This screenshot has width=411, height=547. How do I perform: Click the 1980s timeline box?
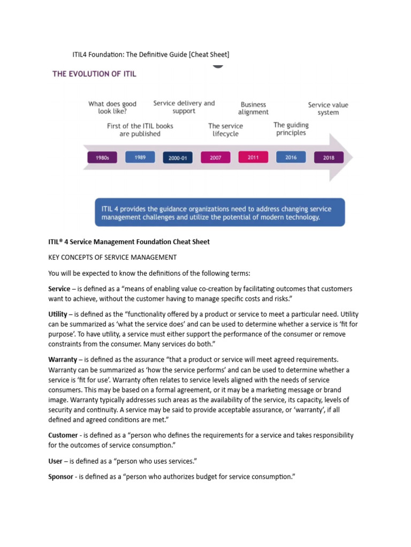pyautogui.click(x=102, y=158)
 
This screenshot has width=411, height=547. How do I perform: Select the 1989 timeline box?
pyautogui.click(x=140, y=157)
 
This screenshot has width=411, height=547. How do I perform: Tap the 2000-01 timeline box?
pyautogui.click(x=178, y=158)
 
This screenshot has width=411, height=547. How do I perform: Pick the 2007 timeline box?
pyautogui.click(x=215, y=158)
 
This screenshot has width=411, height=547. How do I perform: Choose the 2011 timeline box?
pyautogui.click(x=253, y=157)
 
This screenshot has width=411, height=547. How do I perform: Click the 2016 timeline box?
pyautogui.click(x=291, y=157)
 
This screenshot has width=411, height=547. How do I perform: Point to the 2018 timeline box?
pyautogui.click(x=329, y=158)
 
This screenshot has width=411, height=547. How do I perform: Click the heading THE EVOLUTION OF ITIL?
pyautogui.click(x=94, y=74)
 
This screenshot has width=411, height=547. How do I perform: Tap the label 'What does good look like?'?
pyautogui.click(x=112, y=108)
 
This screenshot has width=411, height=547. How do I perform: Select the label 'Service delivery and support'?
pyautogui.click(x=184, y=107)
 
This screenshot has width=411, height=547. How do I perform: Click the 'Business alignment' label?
pyautogui.click(x=253, y=108)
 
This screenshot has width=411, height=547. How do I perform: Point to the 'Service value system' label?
pyautogui.click(x=328, y=109)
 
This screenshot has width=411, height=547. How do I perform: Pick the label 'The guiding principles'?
pyautogui.click(x=291, y=129)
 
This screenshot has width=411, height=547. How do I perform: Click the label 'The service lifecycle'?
pyautogui.click(x=225, y=130)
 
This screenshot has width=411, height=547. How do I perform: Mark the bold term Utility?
pyautogui.click(x=58, y=314)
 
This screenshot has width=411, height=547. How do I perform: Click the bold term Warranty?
pyautogui.click(x=63, y=360)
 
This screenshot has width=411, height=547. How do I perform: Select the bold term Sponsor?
pyautogui.click(x=60, y=476)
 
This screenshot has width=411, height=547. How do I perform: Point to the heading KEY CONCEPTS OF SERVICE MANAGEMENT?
pyautogui.click(x=112, y=257)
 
